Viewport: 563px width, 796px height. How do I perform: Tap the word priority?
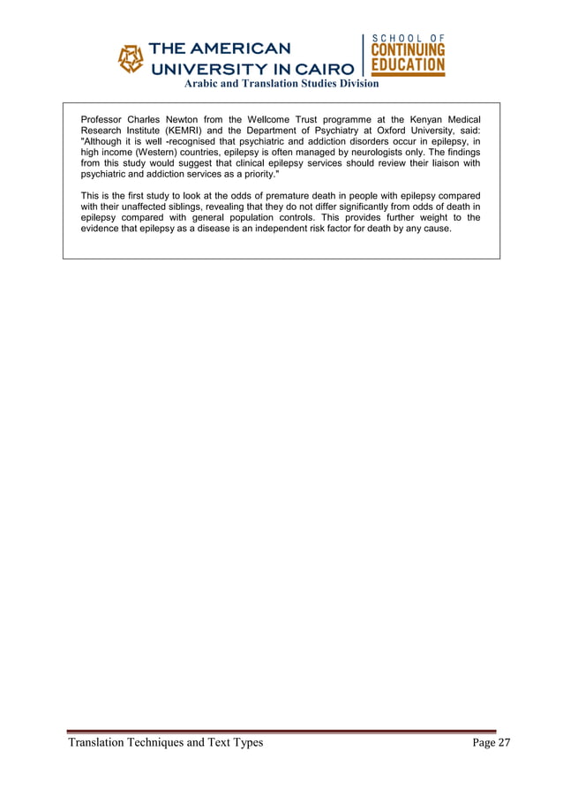tap(251, 174)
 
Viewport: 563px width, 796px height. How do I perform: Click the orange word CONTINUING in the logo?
tap(408, 51)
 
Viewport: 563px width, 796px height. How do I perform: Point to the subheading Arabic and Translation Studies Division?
tap(281, 84)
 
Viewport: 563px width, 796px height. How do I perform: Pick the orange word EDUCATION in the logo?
tap(408, 66)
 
